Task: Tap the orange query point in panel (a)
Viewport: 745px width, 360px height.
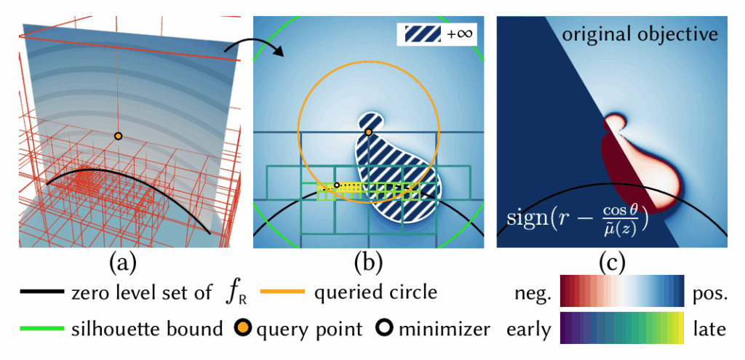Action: point(119,136)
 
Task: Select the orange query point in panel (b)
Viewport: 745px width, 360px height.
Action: point(369,132)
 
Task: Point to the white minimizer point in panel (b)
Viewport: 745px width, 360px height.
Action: point(336,185)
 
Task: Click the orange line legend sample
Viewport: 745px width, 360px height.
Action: point(283,293)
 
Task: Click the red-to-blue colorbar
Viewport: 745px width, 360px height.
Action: point(622,292)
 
